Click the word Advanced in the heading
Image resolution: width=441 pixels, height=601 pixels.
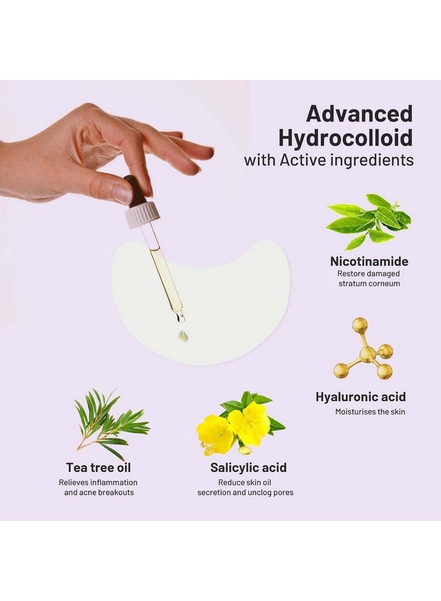[359, 114]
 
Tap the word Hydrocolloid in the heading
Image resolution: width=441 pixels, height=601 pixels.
[345, 138]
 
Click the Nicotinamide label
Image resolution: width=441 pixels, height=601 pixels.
[369, 261]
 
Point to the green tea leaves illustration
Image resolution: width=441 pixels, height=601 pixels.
[369, 221]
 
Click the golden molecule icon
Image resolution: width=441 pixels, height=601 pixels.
[363, 349]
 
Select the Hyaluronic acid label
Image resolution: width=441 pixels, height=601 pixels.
[360, 397]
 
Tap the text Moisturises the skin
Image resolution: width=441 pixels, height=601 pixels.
[370, 412]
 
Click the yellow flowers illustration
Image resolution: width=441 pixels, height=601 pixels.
[241, 423]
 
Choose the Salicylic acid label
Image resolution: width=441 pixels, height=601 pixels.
[248, 467]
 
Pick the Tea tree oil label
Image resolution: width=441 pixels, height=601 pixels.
[98, 467]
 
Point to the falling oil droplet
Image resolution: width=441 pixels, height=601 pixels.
[183, 336]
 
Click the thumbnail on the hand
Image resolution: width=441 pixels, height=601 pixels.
[123, 193]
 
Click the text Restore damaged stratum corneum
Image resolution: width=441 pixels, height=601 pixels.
[369, 278]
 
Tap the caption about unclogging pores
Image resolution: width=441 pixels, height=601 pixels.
[245, 487]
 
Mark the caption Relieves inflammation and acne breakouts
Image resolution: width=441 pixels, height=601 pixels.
[98, 487]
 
